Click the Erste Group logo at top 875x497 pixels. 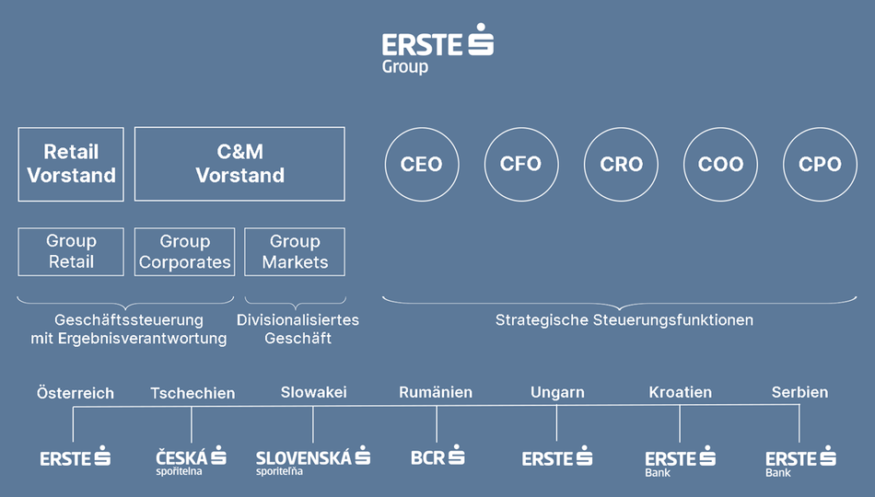click(x=437, y=49)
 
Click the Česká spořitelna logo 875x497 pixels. click(x=191, y=461)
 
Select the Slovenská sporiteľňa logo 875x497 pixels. click(x=313, y=461)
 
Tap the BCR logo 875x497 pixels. click(x=437, y=457)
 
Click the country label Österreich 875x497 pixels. click(x=76, y=393)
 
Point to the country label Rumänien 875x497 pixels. click(x=436, y=393)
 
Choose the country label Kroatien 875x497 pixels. click(x=681, y=393)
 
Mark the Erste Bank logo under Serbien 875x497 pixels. click(x=800, y=462)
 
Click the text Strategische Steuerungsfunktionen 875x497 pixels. click(x=624, y=320)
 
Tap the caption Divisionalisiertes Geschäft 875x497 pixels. click(x=298, y=329)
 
